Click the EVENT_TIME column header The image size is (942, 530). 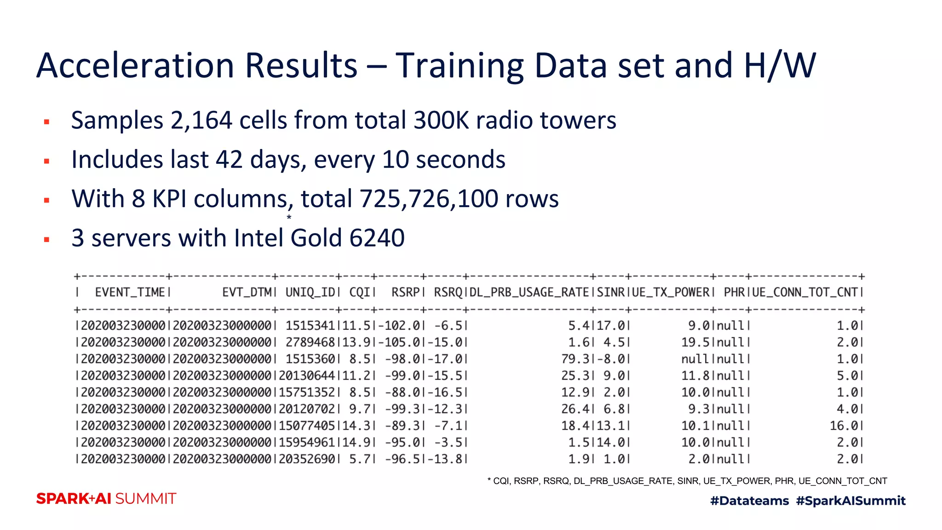130,293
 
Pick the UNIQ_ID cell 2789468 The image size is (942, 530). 310,343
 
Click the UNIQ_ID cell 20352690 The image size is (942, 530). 307,459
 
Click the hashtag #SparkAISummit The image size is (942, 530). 850,501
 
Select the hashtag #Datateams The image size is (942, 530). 749,501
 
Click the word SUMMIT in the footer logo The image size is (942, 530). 145,499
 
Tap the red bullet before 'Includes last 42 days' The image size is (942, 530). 46,161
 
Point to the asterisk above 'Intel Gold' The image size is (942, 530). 289,217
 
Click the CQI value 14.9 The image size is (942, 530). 356,443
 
